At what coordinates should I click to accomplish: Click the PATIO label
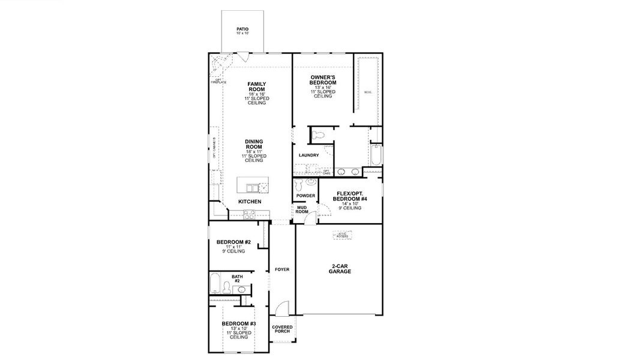(x=242, y=28)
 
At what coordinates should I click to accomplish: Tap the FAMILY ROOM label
(x=257, y=87)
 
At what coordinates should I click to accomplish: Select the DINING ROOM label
(x=254, y=145)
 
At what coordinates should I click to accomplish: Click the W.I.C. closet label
(x=368, y=92)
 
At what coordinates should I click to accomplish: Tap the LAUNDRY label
(x=308, y=155)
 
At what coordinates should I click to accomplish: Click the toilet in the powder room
(x=310, y=182)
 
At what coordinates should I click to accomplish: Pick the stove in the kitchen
(x=250, y=213)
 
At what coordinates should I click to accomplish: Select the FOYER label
(x=282, y=269)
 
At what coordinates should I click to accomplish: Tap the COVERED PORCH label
(x=282, y=329)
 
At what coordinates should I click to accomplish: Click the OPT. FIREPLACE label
(x=218, y=81)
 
